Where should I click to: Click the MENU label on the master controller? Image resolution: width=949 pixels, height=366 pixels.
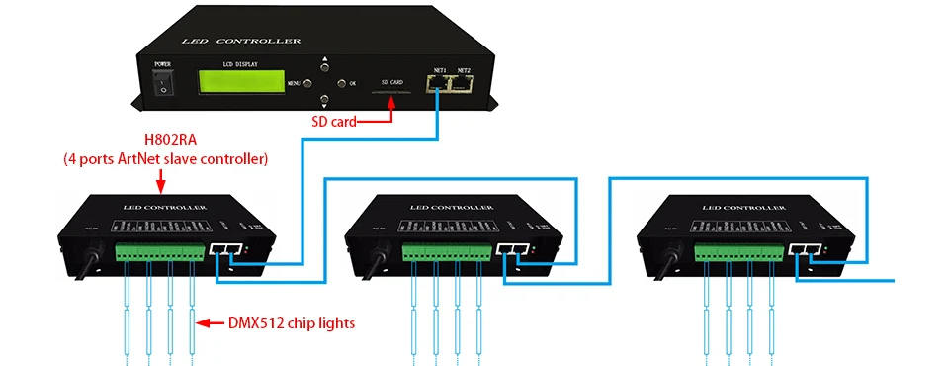click(x=293, y=84)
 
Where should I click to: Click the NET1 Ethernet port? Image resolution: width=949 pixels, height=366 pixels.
click(x=441, y=84)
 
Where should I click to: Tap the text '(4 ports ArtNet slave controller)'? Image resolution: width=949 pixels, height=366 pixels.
click(x=165, y=158)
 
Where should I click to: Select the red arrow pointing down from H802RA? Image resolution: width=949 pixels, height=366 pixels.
click(x=160, y=180)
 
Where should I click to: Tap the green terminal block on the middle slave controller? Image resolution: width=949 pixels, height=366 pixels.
click(x=446, y=253)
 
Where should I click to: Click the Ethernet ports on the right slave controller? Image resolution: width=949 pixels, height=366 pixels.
click(x=807, y=251)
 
